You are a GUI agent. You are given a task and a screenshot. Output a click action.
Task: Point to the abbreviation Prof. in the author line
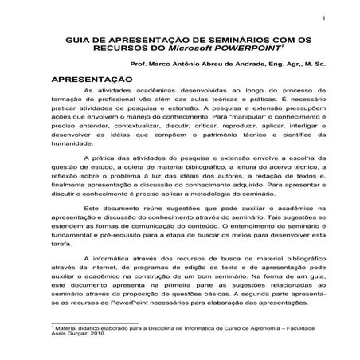coord(138,67)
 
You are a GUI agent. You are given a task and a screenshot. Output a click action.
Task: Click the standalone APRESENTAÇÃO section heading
coord(91,80)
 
